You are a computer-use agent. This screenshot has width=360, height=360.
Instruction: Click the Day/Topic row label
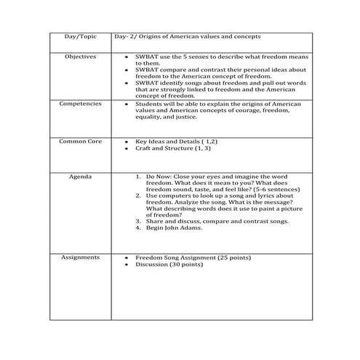[80, 36]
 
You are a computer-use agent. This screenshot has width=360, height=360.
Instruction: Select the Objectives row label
[80, 56]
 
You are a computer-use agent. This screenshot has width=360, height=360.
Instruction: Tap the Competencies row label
[80, 104]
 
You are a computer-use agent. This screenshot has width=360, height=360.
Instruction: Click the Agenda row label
[80, 176]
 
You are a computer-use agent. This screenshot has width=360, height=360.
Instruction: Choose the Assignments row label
[80, 257]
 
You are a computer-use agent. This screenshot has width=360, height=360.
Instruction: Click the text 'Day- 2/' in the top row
[127, 36]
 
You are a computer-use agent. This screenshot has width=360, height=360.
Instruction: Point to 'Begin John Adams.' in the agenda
[175, 228]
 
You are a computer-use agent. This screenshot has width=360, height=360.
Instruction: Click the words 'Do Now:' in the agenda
[159, 176]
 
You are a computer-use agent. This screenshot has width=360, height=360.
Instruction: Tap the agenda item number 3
[138, 221]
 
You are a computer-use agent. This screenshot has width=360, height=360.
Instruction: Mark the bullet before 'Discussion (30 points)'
[127, 265]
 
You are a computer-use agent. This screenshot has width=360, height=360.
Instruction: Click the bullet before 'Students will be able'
[127, 104]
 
